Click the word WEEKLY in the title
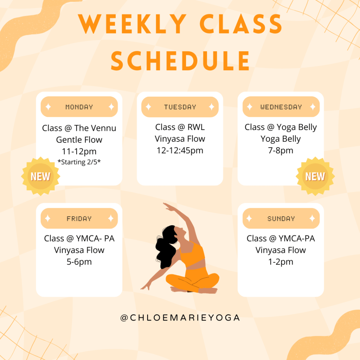point(132,24)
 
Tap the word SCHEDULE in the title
point(180,60)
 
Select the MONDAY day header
point(79,107)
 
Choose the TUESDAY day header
point(180,107)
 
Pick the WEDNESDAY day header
point(281,107)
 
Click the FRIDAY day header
point(79,218)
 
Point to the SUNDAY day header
point(281,218)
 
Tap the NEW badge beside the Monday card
point(41,176)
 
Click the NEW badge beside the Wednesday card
point(315,176)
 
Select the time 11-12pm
point(79,152)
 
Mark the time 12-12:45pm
point(180,150)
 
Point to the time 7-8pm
point(281,150)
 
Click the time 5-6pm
point(79,262)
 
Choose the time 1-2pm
point(281,262)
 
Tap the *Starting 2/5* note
point(79,162)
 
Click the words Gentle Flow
point(79,140)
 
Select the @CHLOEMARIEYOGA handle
point(180,318)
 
